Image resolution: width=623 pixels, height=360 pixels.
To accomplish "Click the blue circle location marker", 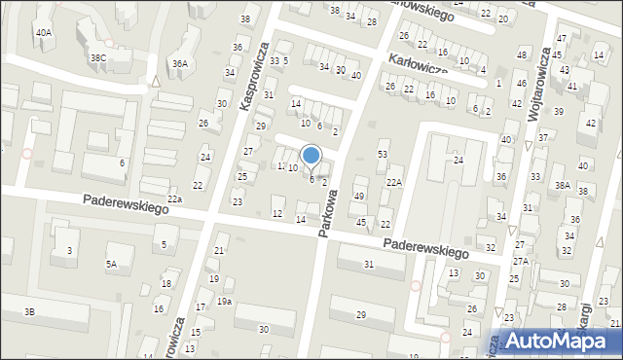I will [311, 155].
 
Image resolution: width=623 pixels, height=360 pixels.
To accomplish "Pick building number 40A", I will [44, 32].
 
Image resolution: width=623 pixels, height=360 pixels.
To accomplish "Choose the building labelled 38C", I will [98, 57].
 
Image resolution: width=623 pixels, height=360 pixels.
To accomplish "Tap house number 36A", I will [179, 63].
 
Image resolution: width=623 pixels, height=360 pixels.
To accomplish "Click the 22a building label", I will [174, 199].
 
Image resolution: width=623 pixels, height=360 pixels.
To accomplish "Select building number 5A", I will [112, 264].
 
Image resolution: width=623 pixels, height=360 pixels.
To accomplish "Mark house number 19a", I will [224, 302].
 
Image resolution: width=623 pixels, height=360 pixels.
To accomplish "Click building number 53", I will [383, 155].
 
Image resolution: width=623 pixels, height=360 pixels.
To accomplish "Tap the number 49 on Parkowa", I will [359, 197].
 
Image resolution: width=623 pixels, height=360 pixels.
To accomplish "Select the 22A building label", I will [393, 182].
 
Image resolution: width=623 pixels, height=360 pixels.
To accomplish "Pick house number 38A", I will [562, 184].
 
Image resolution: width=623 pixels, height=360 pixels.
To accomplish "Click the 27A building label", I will [520, 261].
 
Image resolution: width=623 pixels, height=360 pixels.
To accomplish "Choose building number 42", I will [591, 123].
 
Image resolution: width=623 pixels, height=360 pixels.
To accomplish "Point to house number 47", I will [561, 38].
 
